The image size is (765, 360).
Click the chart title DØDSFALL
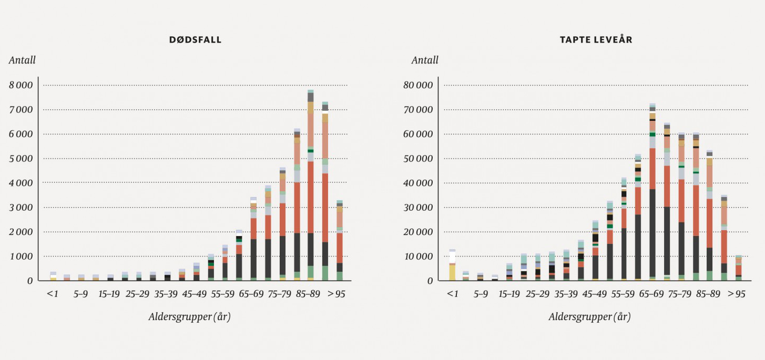(196, 40)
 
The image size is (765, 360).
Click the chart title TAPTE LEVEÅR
(595, 40)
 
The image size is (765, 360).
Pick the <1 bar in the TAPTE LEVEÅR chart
(452, 265)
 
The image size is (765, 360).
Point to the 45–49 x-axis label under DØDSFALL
(193, 294)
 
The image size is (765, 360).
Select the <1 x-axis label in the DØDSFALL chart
(52, 294)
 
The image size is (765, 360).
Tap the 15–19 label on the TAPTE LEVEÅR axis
(509, 294)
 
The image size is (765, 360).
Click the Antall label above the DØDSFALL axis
(22, 60)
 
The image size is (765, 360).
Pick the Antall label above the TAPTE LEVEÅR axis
(425, 60)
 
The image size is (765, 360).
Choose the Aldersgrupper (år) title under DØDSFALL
(189, 317)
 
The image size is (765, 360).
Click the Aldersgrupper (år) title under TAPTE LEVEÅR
(589, 317)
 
